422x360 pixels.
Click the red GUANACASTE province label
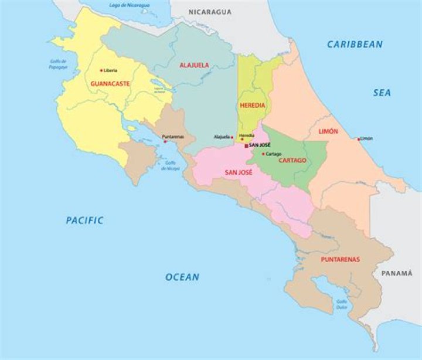click(110, 84)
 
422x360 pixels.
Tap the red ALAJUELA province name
click(194, 65)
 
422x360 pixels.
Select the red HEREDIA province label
click(252, 106)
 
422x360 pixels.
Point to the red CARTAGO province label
click(292, 160)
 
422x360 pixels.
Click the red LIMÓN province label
click(328, 131)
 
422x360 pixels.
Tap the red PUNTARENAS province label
click(340, 259)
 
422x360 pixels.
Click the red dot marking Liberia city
click(101, 70)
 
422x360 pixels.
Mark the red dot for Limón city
click(359, 139)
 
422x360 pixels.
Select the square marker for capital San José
click(246, 145)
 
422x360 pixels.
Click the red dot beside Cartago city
click(263, 154)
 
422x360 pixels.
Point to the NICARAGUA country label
click(209, 12)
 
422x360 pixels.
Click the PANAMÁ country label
click(397, 273)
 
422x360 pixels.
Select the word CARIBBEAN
click(355, 44)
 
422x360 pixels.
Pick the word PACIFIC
click(84, 220)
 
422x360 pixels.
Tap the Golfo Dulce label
click(342, 304)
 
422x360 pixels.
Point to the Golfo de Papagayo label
click(58, 64)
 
